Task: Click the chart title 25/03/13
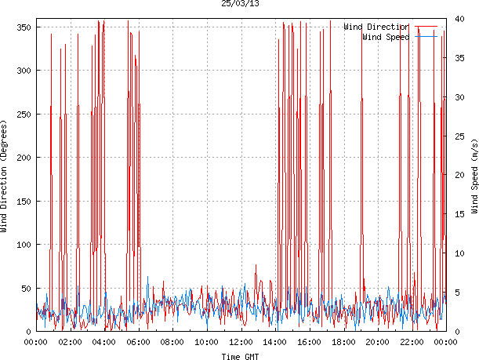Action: coord(240,4)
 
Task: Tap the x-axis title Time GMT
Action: coord(240,355)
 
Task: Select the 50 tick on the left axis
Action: coord(24,289)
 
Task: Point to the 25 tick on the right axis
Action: coord(459,136)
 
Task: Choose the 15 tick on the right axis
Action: coord(459,214)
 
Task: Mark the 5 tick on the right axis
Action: coord(457,292)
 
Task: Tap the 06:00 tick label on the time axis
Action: coord(138,342)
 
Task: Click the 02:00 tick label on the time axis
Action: coord(70,342)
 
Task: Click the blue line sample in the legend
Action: coord(426,37)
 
